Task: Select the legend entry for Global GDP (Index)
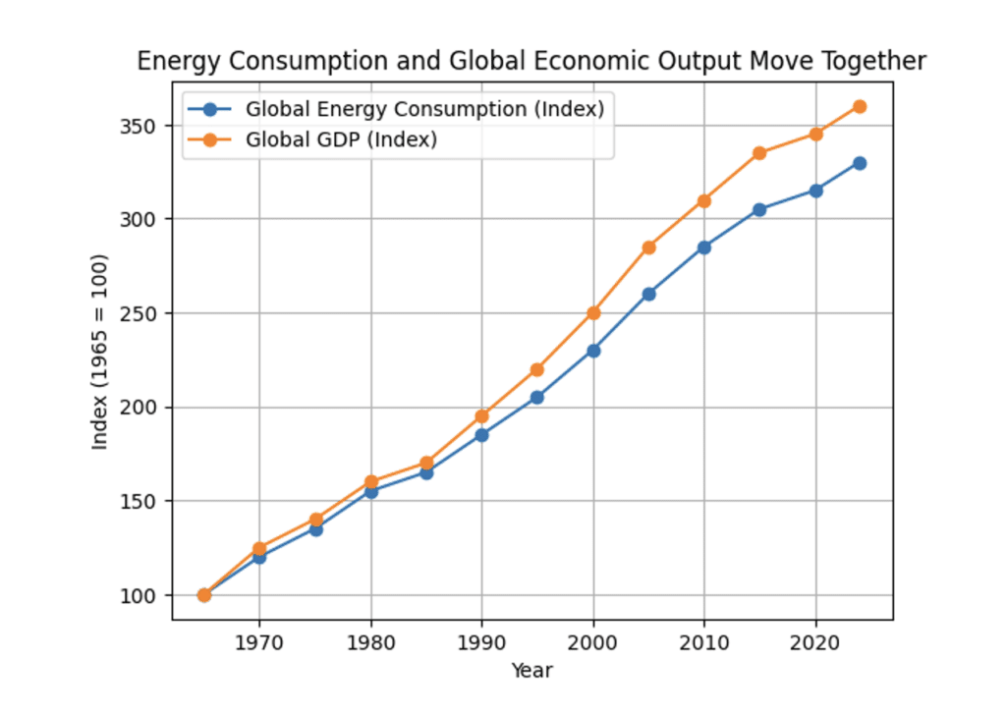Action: (341, 139)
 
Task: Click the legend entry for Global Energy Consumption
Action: (424, 109)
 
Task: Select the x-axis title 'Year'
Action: (531, 671)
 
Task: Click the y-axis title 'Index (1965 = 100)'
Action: (100, 353)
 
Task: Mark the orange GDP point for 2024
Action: (860, 106)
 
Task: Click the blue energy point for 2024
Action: (860, 163)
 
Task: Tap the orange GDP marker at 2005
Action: (648, 248)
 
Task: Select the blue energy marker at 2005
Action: (648, 294)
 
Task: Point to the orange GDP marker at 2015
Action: (759, 153)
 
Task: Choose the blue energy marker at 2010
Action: (704, 248)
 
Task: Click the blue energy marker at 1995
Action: (537, 397)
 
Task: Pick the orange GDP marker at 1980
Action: (370, 482)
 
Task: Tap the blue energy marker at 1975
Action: (315, 529)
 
